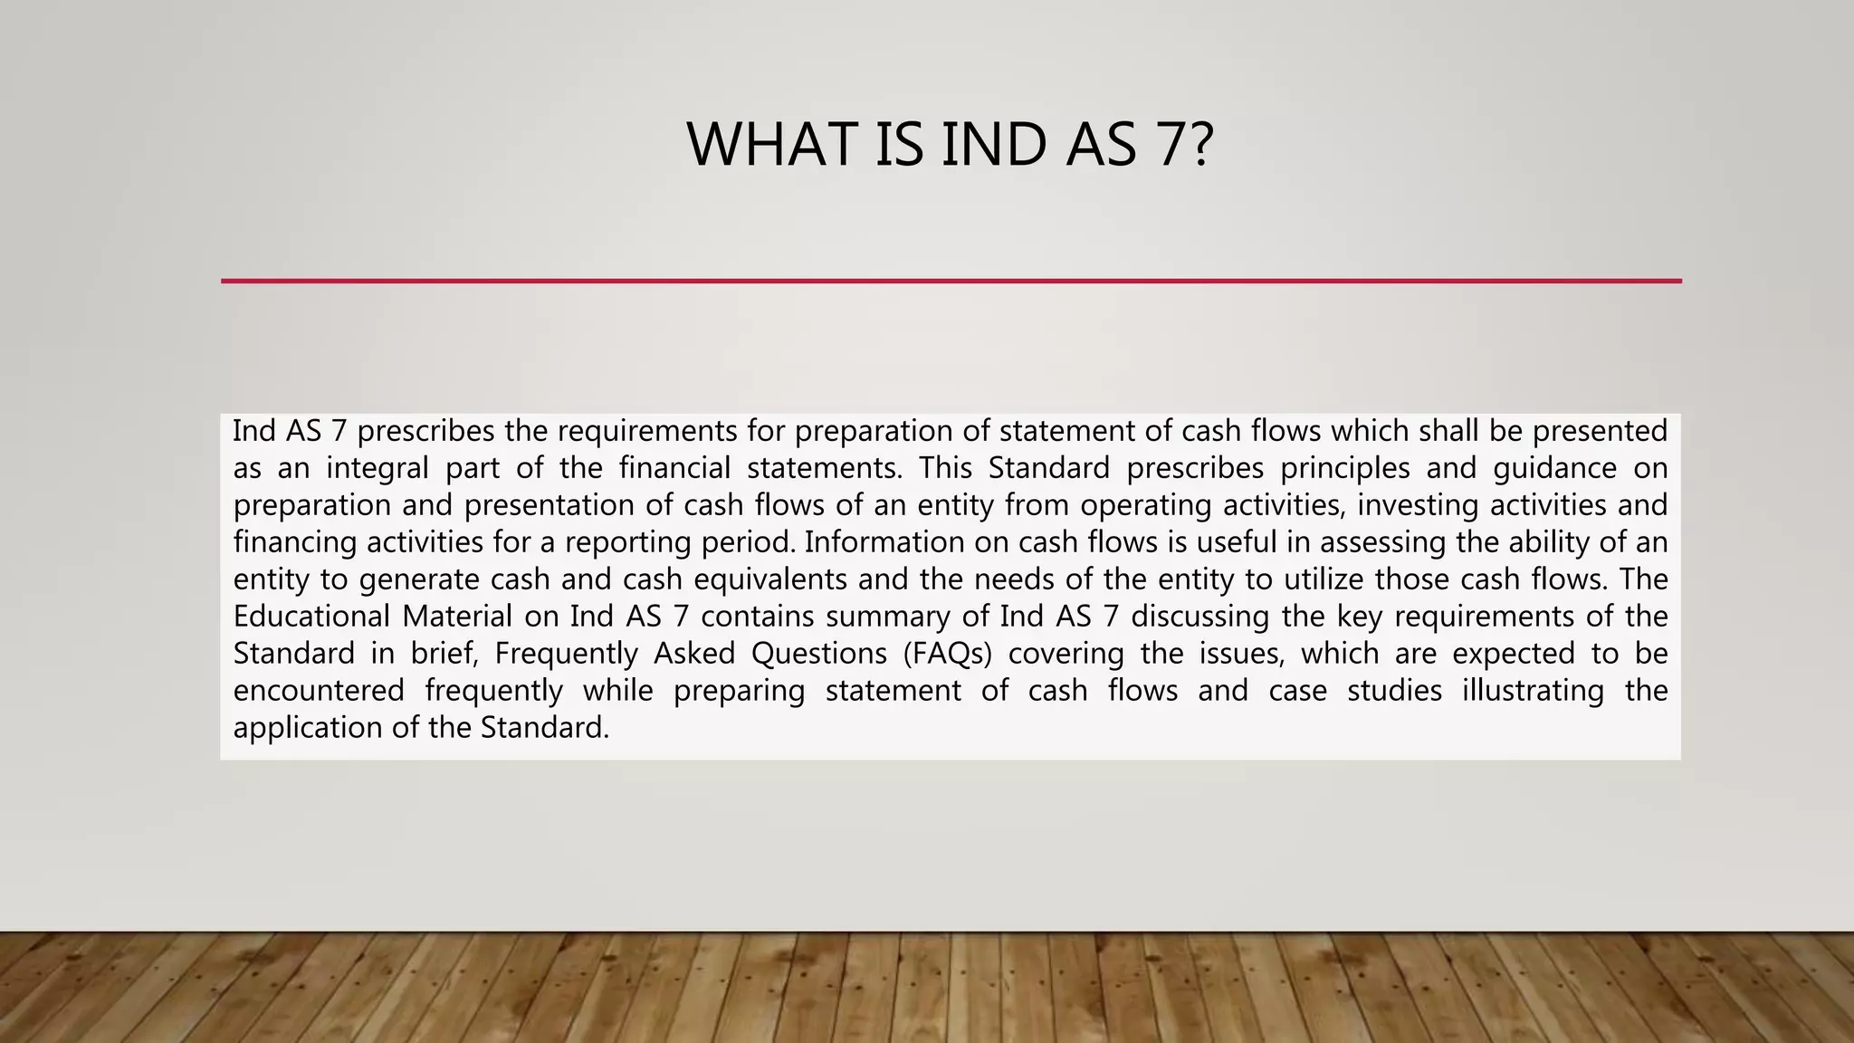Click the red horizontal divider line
[951, 281]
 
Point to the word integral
[377, 468]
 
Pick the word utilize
[1322, 579]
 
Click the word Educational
[310, 617]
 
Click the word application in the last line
[308, 728]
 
